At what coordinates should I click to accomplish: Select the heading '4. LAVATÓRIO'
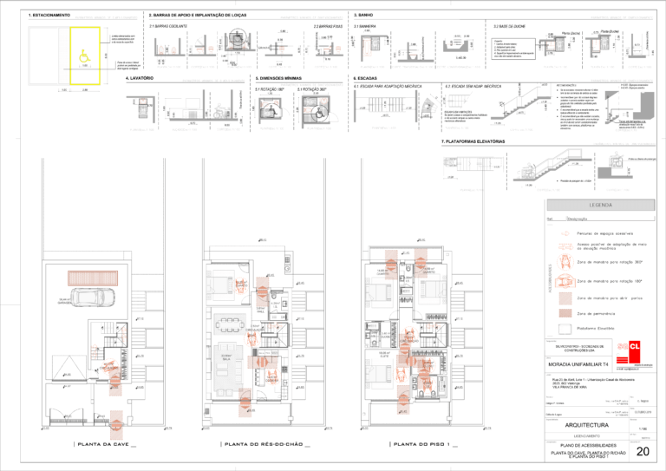140,78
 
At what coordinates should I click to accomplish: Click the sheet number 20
643,451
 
